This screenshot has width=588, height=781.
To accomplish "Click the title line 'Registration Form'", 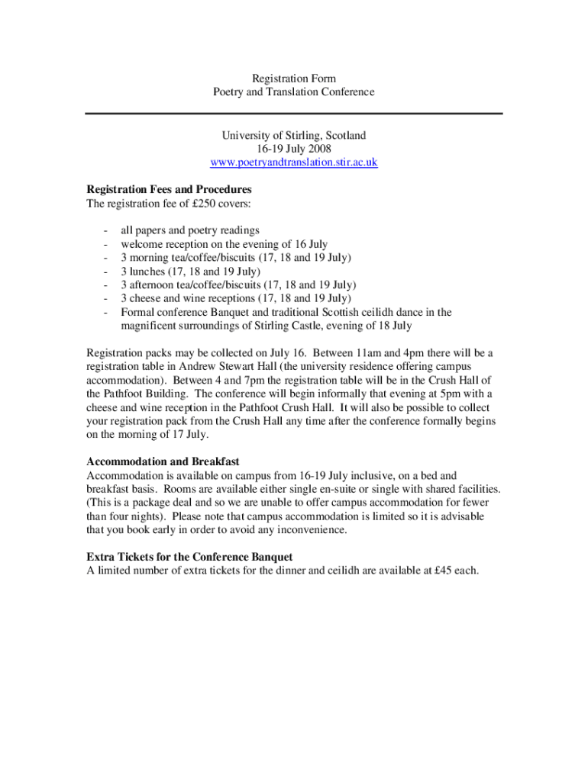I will pyautogui.click(x=294, y=79).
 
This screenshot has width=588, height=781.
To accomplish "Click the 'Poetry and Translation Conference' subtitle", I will pyautogui.click(x=294, y=92).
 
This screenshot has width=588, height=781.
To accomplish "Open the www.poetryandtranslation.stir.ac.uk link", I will pyautogui.click(x=294, y=162).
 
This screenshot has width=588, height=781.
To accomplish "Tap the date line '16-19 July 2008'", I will pyautogui.click(x=294, y=149).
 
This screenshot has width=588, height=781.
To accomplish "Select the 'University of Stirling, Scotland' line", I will pyautogui.click(x=294, y=135).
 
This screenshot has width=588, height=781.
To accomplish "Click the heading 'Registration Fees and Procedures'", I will pyautogui.click(x=169, y=189).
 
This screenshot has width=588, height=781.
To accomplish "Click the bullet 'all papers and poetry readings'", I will pyautogui.click(x=190, y=230).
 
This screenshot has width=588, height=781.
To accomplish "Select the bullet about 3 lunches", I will pyautogui.click(x=190, y=272).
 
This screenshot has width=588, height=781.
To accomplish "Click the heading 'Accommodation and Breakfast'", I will pyautogui.click(x=163, y=461).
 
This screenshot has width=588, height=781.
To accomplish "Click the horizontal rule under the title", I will pyautogui.click(x=294, y=114).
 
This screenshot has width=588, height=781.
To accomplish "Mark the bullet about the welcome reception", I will pyautogui.click(x=224, y=244).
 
